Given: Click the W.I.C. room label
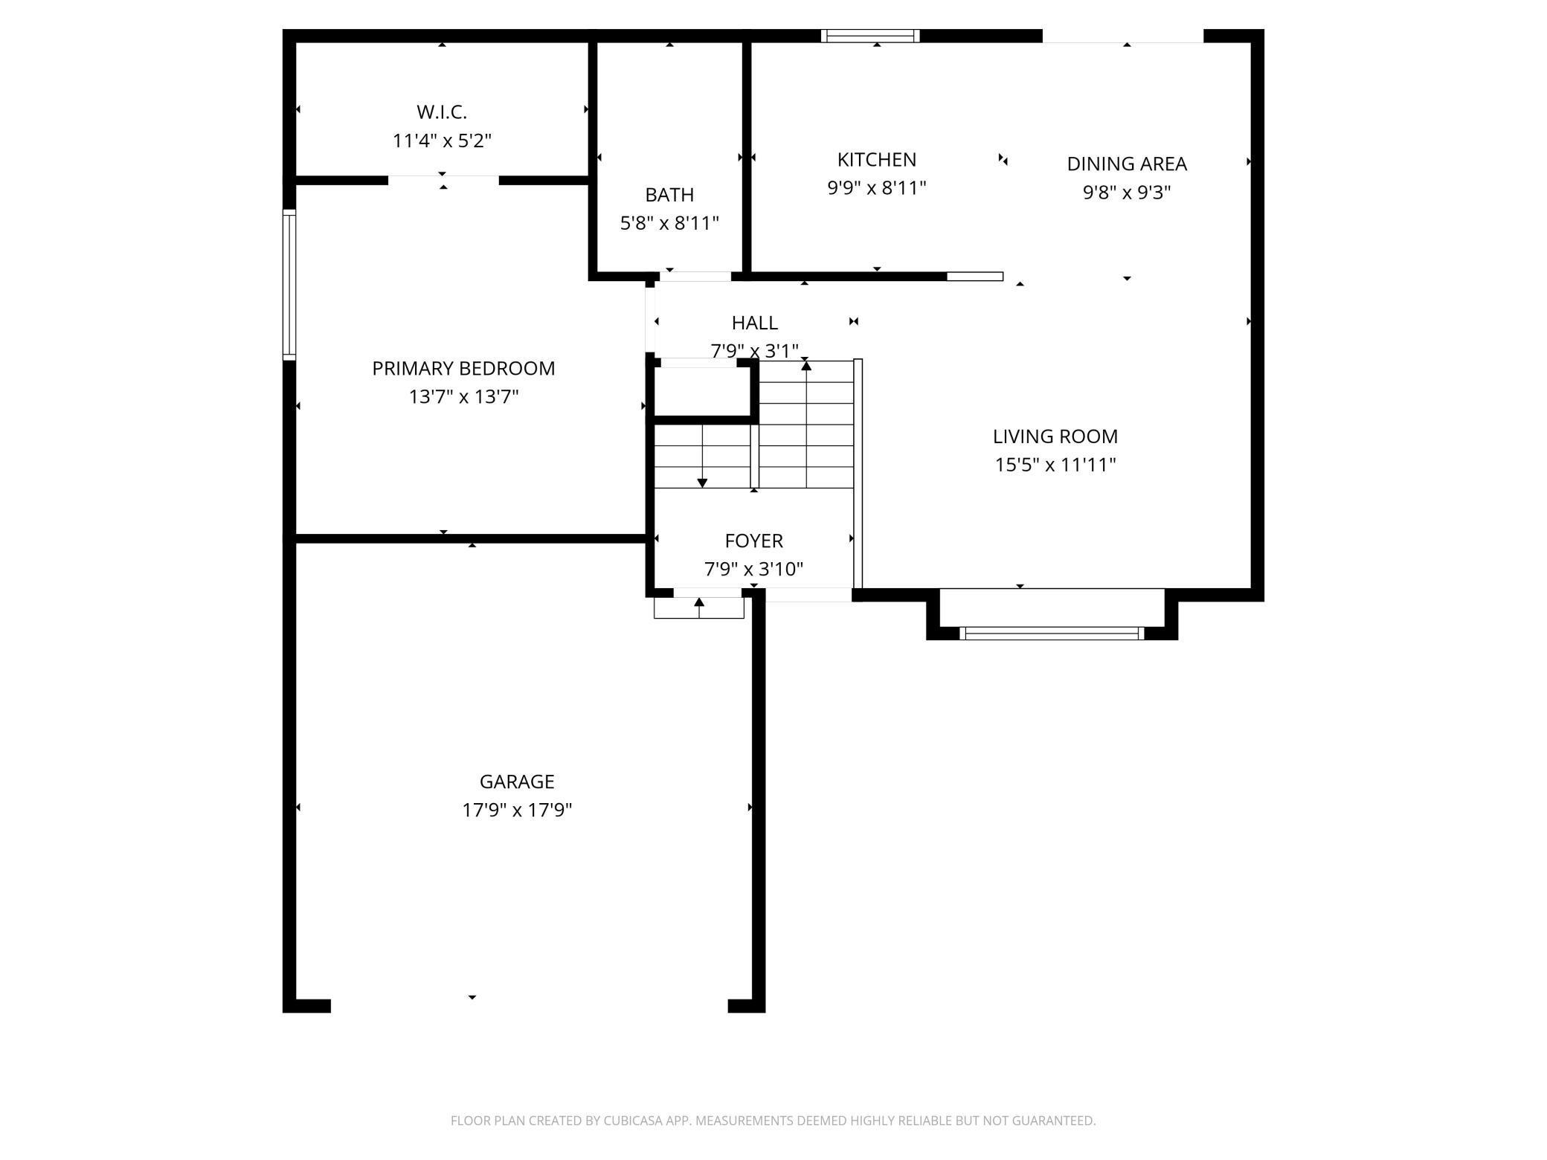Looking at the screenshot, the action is [442, 112].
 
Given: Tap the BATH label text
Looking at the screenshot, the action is [669, 195].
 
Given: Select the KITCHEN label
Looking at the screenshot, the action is [877, 160].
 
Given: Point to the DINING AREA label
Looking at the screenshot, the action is [1127, 164].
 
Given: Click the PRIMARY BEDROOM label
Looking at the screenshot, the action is [463, 369].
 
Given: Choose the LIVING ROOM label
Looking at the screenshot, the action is [1055, 436].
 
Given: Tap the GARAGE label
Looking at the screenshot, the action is [517, 782].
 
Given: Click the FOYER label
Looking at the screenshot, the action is [754, 541].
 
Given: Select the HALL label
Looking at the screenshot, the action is [755, 323].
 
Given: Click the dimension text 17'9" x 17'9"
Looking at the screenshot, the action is [517, 810].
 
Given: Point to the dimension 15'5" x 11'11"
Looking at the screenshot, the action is [1055, 465].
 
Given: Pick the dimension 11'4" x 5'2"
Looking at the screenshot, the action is [442, 141].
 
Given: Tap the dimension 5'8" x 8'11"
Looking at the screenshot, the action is [669, 223].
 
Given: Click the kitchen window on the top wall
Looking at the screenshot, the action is [870, 36].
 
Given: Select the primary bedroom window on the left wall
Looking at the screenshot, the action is [289, 286].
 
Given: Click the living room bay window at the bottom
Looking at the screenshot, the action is [1052, 634].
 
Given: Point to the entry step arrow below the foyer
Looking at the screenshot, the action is [699, 608].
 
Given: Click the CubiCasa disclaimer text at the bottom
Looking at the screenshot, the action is [773, 1121].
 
